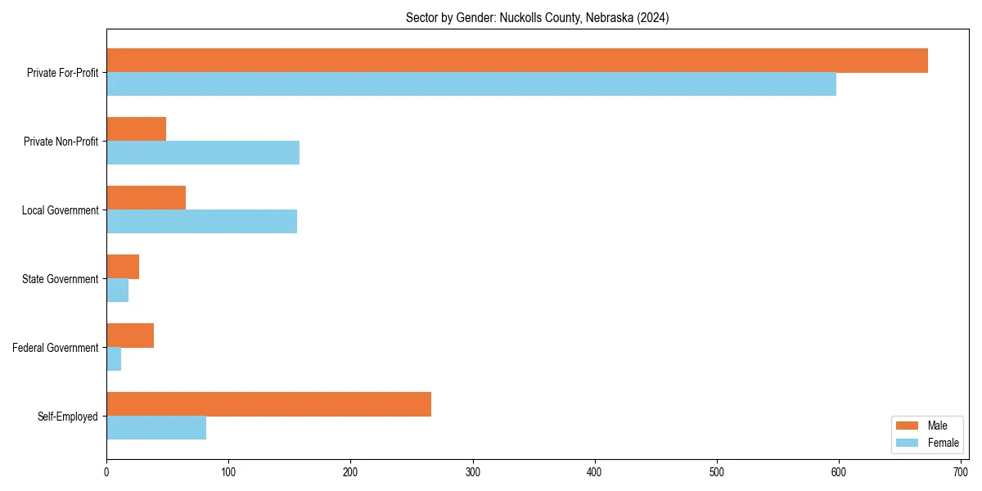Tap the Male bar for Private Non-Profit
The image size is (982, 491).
coord(136,129)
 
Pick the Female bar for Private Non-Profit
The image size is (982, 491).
coord(203,153)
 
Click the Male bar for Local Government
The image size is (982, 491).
coord(146,198)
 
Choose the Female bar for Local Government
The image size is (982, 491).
coord(201,222)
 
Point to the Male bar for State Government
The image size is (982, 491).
coord(123,267)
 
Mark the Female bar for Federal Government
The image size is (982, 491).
coord(114,359)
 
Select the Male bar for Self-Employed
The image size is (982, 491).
coord(268,404)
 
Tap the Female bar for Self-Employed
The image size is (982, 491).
coord(156,428)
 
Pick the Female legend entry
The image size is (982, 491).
coord(927,443)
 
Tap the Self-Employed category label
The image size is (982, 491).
coord(68,417)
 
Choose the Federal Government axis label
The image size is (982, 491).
coord(56,348)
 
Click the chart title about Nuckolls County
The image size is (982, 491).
coord(538,18)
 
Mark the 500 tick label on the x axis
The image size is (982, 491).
coord(717,471)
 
